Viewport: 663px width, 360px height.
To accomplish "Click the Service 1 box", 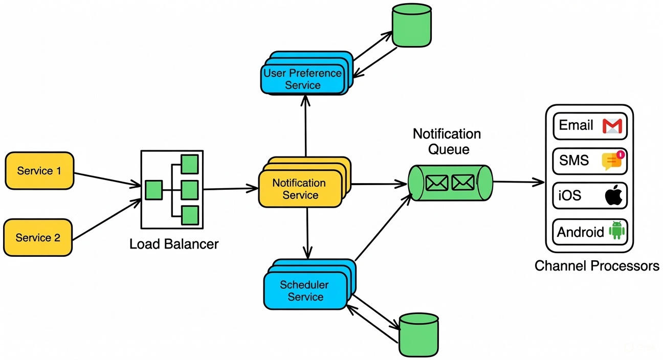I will click(39, 171).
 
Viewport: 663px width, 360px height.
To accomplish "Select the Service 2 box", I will click(38, 237).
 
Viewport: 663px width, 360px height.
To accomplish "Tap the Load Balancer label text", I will click(174, 244).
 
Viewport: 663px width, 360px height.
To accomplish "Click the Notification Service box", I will click(300, 189).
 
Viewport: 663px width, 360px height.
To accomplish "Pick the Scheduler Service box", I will click(305, 291).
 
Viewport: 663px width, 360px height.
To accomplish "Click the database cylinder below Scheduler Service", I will click(418, 334).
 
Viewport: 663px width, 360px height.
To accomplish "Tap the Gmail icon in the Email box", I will click(611, 126).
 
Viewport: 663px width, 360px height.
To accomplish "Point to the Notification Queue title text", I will click(447, 141).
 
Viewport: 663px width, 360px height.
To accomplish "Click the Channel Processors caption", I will click(596, 266).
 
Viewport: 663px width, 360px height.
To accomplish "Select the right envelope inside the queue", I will click(463, 183).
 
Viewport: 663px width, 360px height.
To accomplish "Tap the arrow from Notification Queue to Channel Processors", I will click(518, 182).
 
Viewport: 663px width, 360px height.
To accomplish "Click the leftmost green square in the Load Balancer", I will click(153, 190).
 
